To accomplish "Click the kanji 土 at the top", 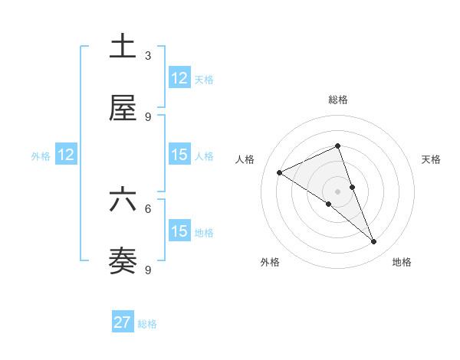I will (123, 47).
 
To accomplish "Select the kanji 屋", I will (123, 110).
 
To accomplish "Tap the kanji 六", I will (123, 200).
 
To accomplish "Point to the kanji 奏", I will (123, 261).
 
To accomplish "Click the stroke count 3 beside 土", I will (148, 55).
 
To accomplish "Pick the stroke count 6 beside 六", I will (148, 208).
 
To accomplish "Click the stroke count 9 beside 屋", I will (148, 117).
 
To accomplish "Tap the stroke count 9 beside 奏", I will (148, 270).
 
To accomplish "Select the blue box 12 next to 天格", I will (179, 78).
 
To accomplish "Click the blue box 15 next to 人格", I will (179, 155).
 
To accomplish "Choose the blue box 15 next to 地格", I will (179, 231).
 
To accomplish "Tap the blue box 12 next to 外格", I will (66, 155).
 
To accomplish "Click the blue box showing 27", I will (123, 322).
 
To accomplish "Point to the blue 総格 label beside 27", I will (148, 324).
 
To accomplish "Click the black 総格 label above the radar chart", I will (338, 100).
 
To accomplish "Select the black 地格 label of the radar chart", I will (402, 263).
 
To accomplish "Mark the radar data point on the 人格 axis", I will (280, 172).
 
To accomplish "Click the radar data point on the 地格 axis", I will (374, 242).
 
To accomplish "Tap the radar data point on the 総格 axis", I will (338, 146).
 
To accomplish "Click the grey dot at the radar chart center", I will (338, 191).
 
